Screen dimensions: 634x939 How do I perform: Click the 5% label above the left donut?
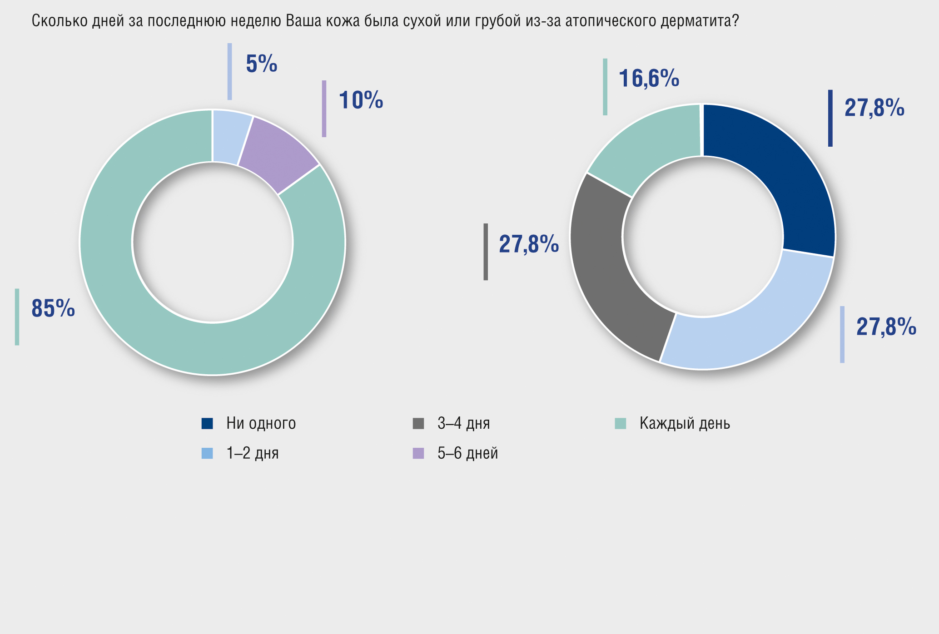(x=261, y=64)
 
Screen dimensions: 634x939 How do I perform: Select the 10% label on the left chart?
(x=361, y=100)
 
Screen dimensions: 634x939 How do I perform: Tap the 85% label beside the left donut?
(x=53, y=309)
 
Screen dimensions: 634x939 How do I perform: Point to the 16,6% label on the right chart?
(x=649, y=78)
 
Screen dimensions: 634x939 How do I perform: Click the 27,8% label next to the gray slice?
(x=529, y=244)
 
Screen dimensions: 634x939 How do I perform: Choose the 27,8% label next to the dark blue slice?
(x=874, y=108)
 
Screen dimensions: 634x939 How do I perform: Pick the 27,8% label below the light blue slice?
(x=886, y=327)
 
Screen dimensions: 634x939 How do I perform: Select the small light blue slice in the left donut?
(x=231, y=136)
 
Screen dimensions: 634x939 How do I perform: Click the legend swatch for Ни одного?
(x=207, y=424)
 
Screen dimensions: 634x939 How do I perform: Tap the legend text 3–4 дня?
(x=463, y=424)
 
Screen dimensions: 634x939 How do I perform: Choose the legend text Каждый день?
(x=685, y=424)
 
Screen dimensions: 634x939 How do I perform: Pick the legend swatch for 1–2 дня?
(x=207, y=453)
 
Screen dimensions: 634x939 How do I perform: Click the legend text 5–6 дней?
(x=467, y=453)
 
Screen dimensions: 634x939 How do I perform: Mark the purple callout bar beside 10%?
(x=324, y=109)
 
